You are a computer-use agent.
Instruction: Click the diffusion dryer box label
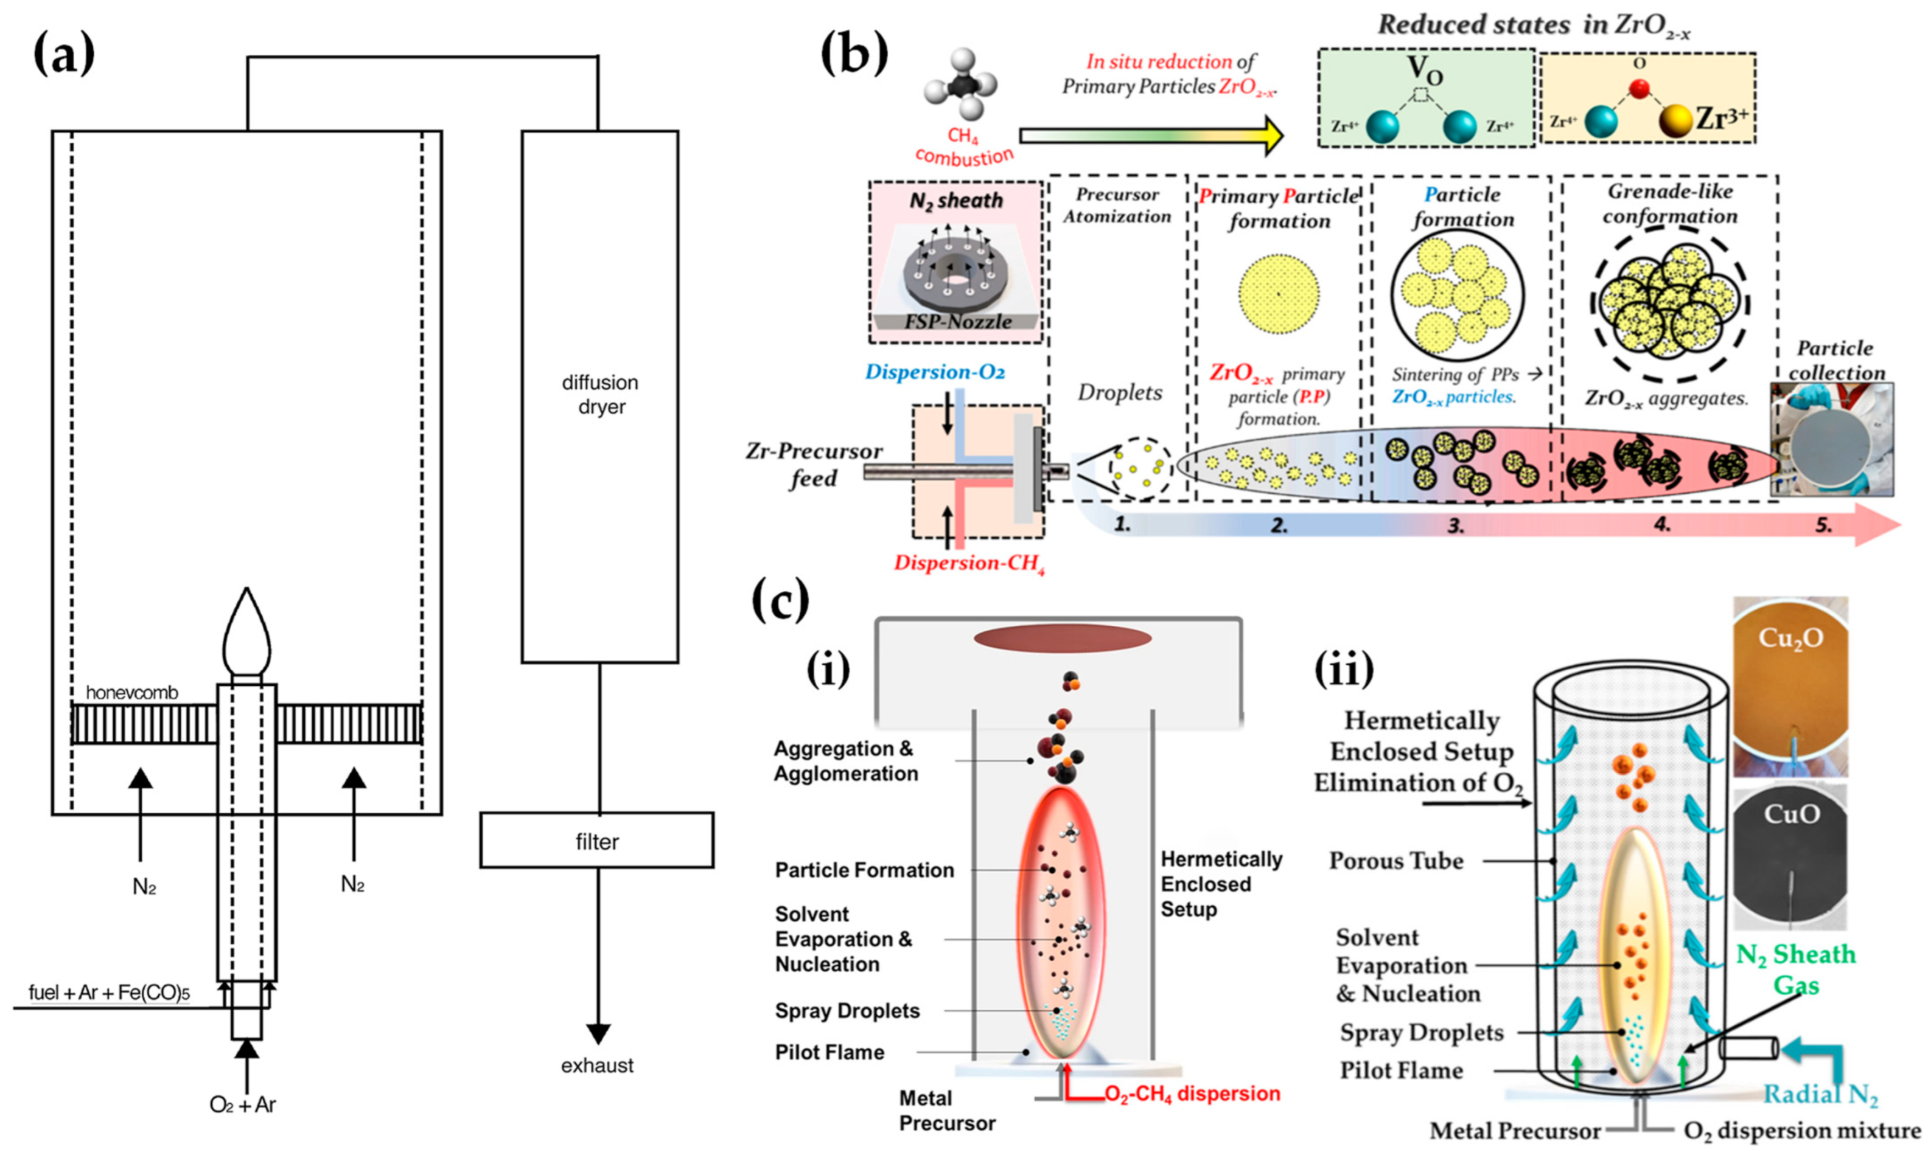point(599,394)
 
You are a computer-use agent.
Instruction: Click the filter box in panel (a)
point(596,841)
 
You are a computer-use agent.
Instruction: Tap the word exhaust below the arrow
point(597,1065)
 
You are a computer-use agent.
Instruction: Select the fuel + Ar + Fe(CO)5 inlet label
point(110,993)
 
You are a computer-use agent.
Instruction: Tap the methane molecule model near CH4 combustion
point(961,86)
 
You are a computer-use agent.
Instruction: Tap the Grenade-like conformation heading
point(1669,204)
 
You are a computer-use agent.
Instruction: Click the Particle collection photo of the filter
point(1831,441)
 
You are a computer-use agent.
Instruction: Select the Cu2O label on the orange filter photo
point(1790,639)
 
